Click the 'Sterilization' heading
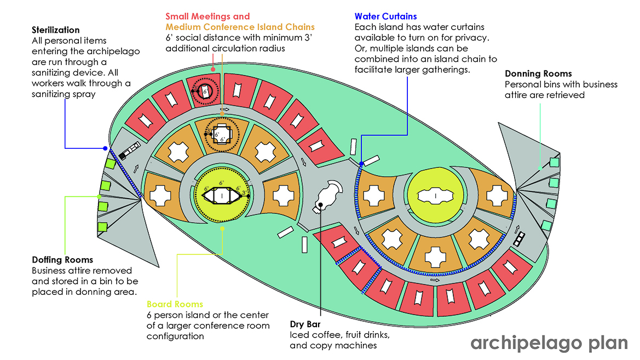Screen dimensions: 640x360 click(x=55, y=30)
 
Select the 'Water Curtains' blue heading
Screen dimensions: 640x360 click(x=386, y=16)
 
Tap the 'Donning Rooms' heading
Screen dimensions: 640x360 click(x=538, y=74)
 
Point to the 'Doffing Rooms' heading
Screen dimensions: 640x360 click(x=62, y=260)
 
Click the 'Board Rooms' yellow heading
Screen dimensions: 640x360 click(x=175, y=304)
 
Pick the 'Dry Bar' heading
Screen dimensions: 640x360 click(x=305, y=324)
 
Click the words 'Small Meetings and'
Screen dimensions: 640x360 click(x=207, y=16)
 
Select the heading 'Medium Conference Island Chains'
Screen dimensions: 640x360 click(x=240, y=27)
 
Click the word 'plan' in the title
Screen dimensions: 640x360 click(x=608, y=343)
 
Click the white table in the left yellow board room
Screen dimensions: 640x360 click(x=222, y=196)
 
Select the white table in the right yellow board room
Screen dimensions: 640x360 click(x=435, y=196)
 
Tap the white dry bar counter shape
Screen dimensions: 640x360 click(x=328, y=195)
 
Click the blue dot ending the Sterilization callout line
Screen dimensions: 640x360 click(x=105, y=148)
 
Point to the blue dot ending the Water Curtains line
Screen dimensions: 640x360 click(x=361, y=164)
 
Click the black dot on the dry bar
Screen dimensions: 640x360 click(x=321, y=205)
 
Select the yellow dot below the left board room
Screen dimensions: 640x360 click(x=222, y=229)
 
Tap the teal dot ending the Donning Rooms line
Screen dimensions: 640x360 click(x=540, y=168)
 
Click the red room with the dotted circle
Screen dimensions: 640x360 click(x=204, y=90)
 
